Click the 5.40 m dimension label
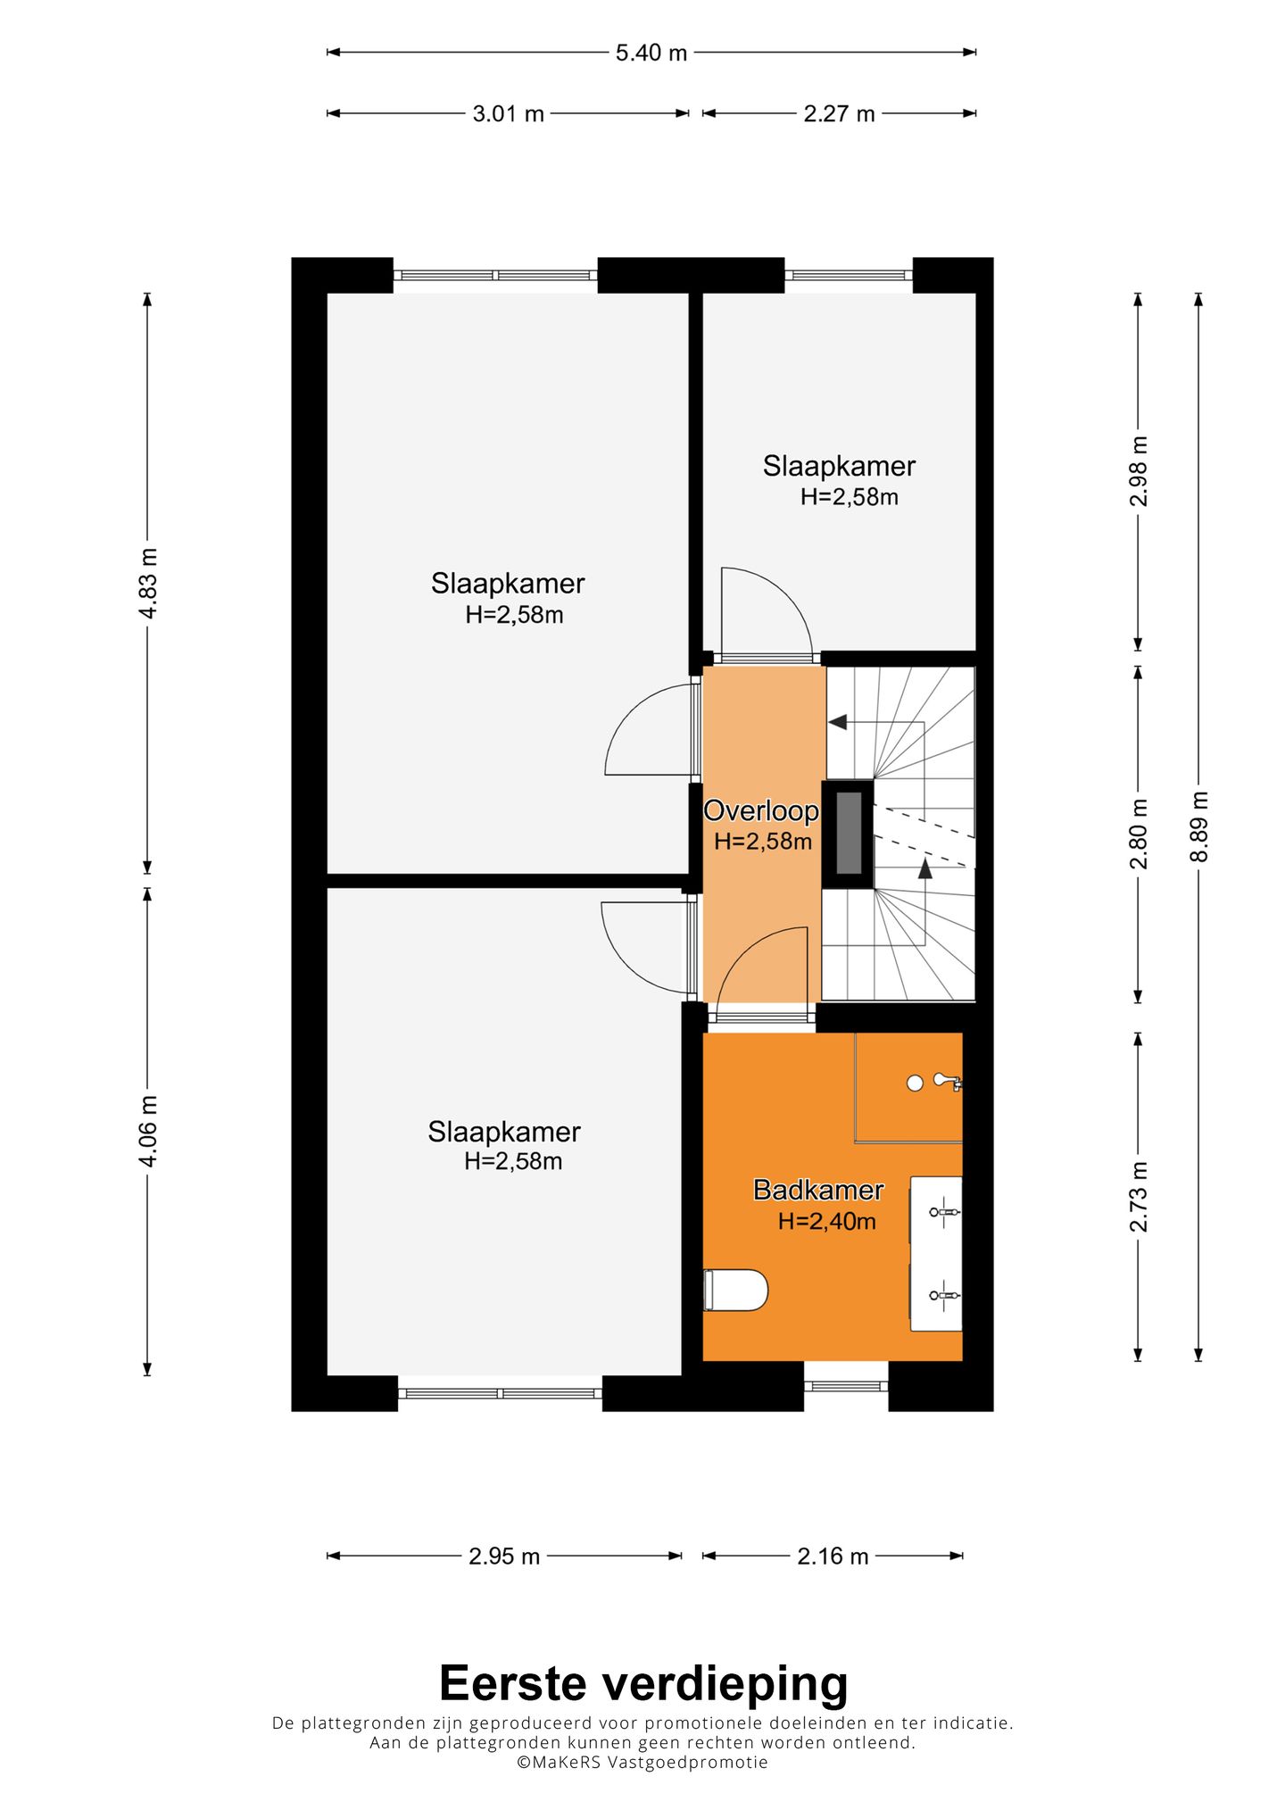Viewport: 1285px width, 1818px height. coord(651,54)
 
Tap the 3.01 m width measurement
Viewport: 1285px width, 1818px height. coord(508,114)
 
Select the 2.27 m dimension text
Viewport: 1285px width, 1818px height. coord(839,114)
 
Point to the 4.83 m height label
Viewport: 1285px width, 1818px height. coord(148,584)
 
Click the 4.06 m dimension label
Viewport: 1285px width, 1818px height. coord(148,1131)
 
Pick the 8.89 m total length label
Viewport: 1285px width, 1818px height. coord(1199,826)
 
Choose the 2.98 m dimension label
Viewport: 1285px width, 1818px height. coord(1139,471)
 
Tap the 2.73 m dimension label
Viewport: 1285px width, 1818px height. coord(1139,1197)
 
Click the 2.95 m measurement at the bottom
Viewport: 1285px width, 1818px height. coord(504,1557)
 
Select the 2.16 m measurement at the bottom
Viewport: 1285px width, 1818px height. coord(833,1557)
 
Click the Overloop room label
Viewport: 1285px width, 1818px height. coord(761,811)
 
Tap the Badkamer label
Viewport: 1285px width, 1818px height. coord(818,1190)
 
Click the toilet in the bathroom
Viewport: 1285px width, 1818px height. coord(735,1290)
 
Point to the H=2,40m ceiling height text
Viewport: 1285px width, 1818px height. coord(826,1221)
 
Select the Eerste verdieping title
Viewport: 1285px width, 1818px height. coord(643,1684)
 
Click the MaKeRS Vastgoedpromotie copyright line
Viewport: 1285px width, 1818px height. coord(642,1763)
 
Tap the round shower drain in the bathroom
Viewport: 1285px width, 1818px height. coord(915,1083)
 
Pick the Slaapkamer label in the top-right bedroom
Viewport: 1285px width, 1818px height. coord(839,466)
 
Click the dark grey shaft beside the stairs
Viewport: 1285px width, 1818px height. coord(849,833)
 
